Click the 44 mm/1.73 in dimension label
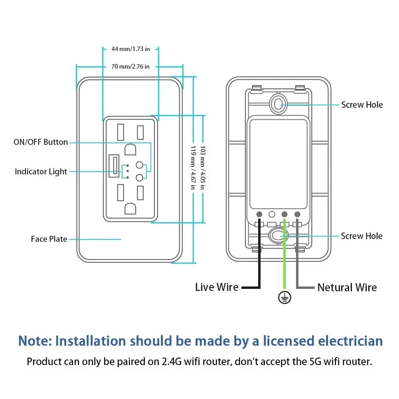pyautogui.click(x=130, y=49)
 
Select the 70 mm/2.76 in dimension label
pyautogui.click(x=130, y=67)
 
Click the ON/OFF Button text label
pyautogui.click(x=41, y=142)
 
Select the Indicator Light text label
pyautogui.click(x=41, y=172)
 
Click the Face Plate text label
pyautogui.click(x=49, y=239)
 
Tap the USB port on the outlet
pyautogui.click(x=115, y=165)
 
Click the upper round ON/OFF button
pyautogui.click(x=139, y=164)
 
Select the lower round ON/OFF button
pyautogui.click(x=139, y=178)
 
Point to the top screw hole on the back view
pyautogui.click(x=278, y=103)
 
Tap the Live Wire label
pyautogui.click(x=217, y=287)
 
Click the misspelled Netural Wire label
pyautogui.click(x=347, y=287)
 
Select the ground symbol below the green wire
pyautogui.click(x=284, y=297)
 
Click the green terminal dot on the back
pyautogui.click(x=284, y=214)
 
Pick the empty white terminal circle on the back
pyautogui.click(x=272, y=214)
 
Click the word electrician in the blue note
pyautogui.click(x=350, y=341)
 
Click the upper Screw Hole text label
pyautogui.click(x=361, y=105)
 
